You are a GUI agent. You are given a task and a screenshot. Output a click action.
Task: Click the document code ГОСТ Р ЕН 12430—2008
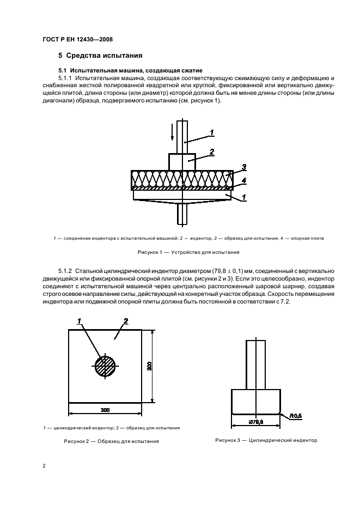[77, 39]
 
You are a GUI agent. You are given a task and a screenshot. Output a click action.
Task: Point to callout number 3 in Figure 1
[244, 167]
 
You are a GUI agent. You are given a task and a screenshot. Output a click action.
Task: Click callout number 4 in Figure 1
[244, 179]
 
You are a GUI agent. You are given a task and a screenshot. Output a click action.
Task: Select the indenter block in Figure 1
[182, 162]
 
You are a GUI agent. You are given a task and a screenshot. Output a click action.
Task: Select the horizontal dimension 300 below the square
[105, 409]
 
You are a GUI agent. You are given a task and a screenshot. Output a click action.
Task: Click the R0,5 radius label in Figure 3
[295, 416]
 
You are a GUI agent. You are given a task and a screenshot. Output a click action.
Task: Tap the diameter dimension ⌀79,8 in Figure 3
[255, 422]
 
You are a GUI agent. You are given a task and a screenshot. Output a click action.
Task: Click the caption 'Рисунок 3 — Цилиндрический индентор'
[266, 440]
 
